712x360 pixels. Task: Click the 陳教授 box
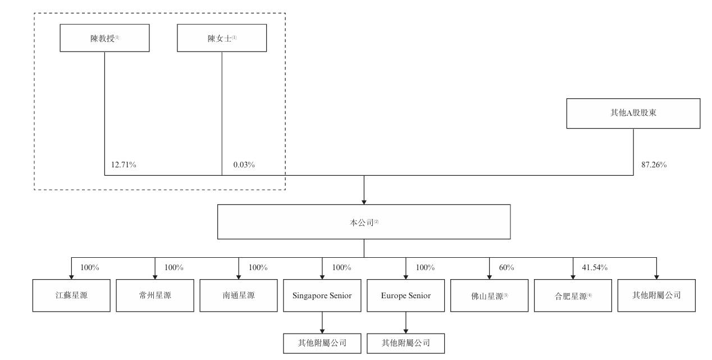point(104,38)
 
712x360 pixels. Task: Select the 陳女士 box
point(222,38)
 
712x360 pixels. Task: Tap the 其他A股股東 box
point(633,113)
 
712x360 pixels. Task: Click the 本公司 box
point(364,222)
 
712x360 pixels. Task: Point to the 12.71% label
point(124,165)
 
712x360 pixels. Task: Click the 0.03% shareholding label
point(244,165)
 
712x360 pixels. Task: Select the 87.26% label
point(654,165)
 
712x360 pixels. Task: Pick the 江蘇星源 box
point(71,295)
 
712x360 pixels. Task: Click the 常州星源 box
point(155,295)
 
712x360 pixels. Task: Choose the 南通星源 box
point(239,295)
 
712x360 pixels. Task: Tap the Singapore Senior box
point(322,295)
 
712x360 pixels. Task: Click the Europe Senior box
point(406,295)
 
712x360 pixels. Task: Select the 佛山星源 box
point(490,295)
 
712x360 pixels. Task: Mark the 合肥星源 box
point(573,295)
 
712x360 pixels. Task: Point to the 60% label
point(506,267)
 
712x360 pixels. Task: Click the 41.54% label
point(595,267)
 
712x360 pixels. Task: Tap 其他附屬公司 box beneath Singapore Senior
point(322,344)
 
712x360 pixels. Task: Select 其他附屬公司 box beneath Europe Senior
point(406,344)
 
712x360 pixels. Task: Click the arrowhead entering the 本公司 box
point(364,202)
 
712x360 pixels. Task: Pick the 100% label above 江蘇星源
point(90,267)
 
